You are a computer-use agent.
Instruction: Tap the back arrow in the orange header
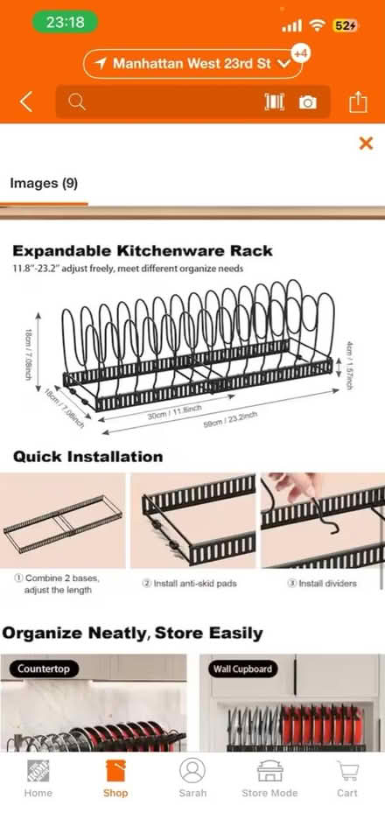pyautogui.click(x=26, y=102)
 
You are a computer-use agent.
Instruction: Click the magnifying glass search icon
pyautogui.click(x=77, y=102)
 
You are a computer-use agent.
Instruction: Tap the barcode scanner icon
pyautogui.click(x=275, y=102)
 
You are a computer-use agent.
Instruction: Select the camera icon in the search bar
pyautogui.click(x=308, y=102)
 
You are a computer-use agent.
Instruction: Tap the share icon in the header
pyautogui.click(x=359, y=102)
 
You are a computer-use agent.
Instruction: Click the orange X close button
pyautogui.click(x=366, y=143)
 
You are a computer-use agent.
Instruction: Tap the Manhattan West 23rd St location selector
pyautogui.click(x=192, y=64)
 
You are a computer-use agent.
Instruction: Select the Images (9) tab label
pyautogui.click(x=44, y=184)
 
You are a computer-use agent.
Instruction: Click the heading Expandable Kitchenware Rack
pyautogui.click(x=143, y=250)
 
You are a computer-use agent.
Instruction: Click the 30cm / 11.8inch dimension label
pyautogui.click(x=174, y=411)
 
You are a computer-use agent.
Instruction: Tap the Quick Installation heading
pyautogui.click(x=87, y=456)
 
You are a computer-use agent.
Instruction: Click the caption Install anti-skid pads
pyautogui.click(x=189, y=584)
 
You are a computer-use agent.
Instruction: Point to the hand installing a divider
pyautogui.click(x=294, y=487)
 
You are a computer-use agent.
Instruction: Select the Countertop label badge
pyautogui.click(x=44, y=669)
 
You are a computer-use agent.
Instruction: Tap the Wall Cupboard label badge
pyautogui.click(x=242, y=669)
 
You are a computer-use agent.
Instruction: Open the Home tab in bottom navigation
pyautogui.click(x=38, y=778)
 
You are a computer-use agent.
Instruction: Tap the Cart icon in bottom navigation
pyautogui.click(x=347, y=778)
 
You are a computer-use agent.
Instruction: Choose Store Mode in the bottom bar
pyautogui.click(x=269, y=778)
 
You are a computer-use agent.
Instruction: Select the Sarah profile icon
pyautogui.click(x=192, y=770)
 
